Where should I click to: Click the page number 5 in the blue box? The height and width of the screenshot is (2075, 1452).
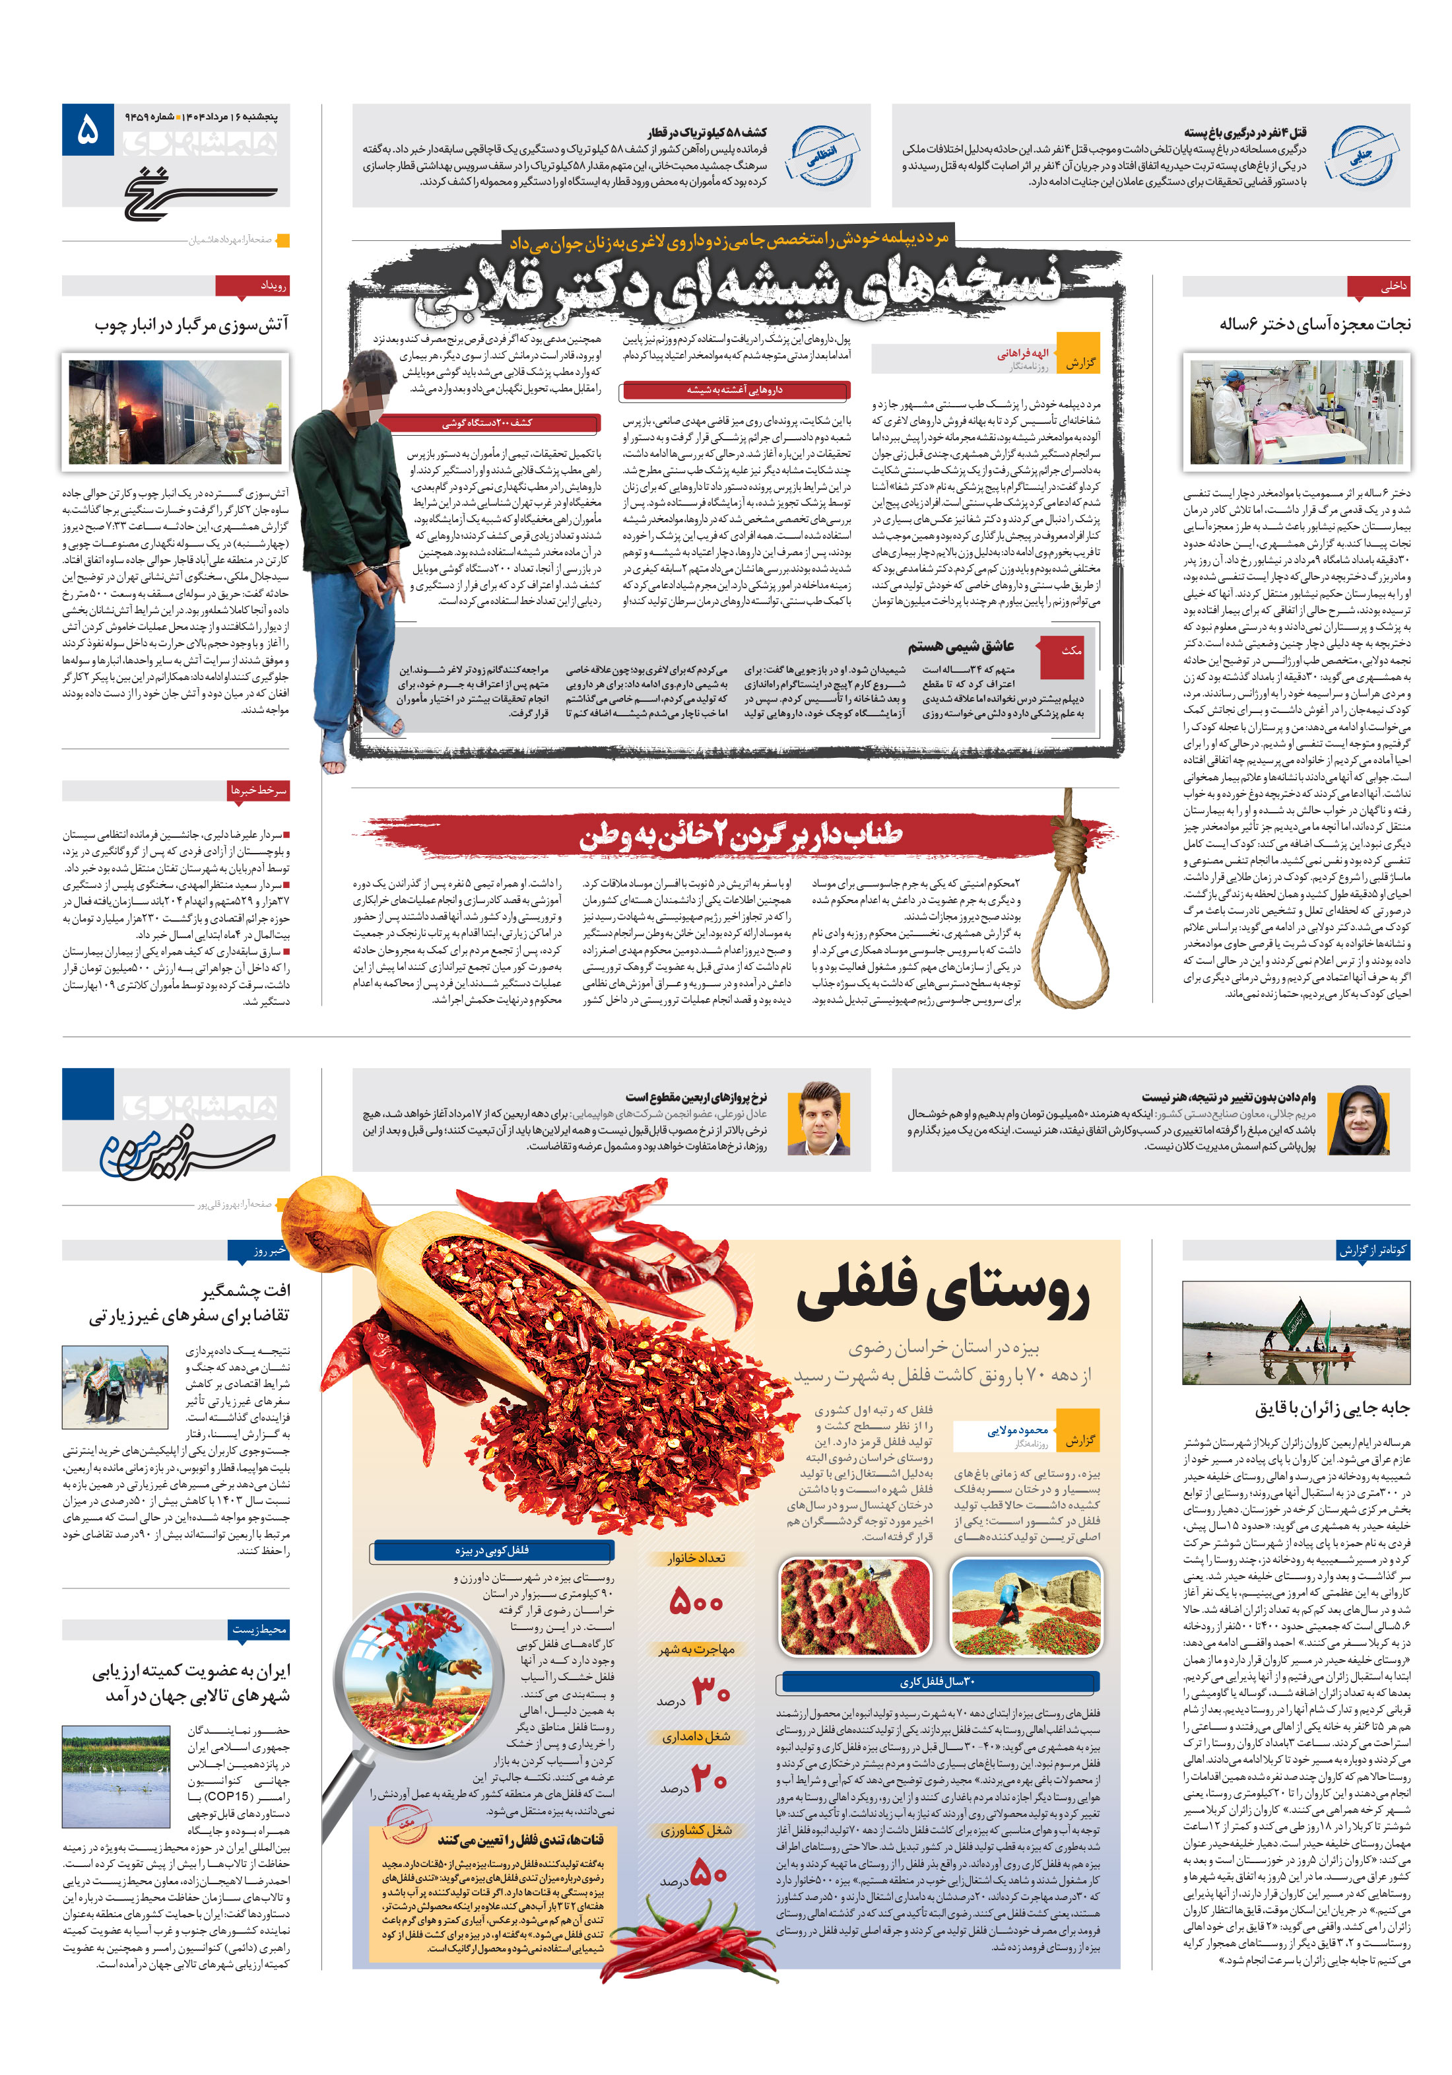[88, 130]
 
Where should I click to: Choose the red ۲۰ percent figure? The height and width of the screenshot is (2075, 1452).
[709, 1779]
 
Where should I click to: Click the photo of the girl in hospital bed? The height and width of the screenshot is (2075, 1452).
[1296, 412]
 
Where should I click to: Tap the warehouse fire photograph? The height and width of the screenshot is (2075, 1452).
[176, 411]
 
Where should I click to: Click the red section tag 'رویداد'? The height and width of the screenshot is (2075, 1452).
[252, 286]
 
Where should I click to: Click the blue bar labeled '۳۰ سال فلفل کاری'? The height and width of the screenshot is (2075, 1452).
[937, 1682]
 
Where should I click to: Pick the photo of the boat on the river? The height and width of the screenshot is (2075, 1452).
[1296, 1333]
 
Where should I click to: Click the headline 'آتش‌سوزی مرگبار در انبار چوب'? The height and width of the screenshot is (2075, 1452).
[191, 323]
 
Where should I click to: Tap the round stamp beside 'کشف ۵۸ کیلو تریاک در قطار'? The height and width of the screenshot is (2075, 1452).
[821, 155]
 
